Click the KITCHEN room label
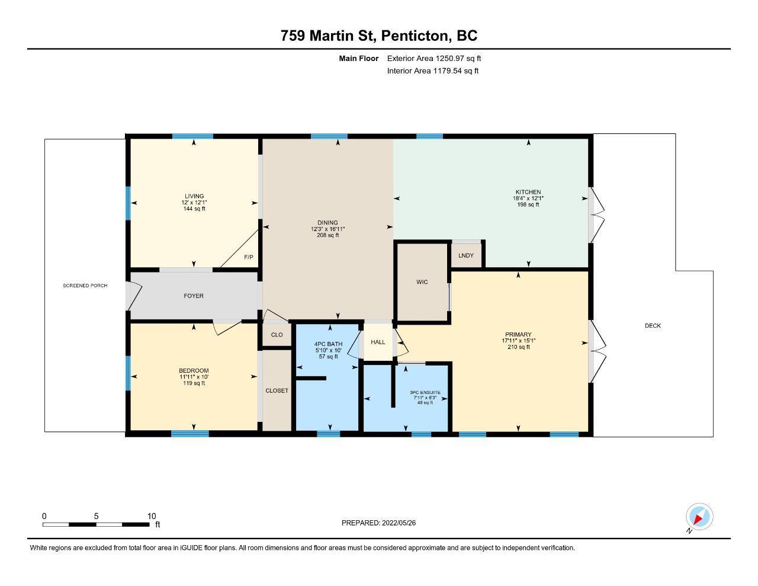[x=528, y=192]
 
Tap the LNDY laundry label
[x=465, y=255]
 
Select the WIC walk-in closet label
[x=422, y=281]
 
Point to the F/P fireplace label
[x=248, y=257]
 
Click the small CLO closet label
[x=277, y=335]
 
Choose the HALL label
[x=378, y=342]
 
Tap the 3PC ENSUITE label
[x=425, y=392]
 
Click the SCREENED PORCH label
[x=85, y=286]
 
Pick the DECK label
[x=653, y=326]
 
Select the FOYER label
[x=194, y=296]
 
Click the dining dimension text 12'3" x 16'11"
[x=327, y=229]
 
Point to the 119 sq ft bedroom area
[x=194, y=383]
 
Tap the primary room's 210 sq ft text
[x=518, y=347]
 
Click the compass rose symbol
[x=699, y=517]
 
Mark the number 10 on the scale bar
[x=152, y=516]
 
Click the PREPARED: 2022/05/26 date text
[x=378, y=523]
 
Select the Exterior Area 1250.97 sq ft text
[x=434, y=58]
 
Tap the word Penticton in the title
[x=414, y=36]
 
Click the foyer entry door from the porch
[x=134, y=296]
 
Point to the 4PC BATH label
[x=328, y=344]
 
